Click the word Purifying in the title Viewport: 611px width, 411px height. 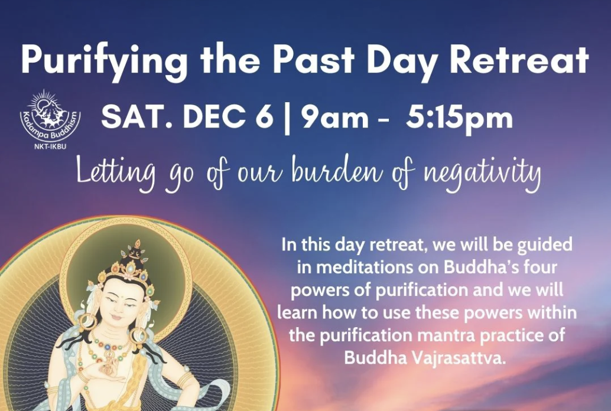click(x=104, y=61)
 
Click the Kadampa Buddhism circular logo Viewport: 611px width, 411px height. click(x=50, y=116)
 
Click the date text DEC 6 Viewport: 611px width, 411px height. click(x=228, y=118)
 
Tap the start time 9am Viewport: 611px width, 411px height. click(x=334, y=118)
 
